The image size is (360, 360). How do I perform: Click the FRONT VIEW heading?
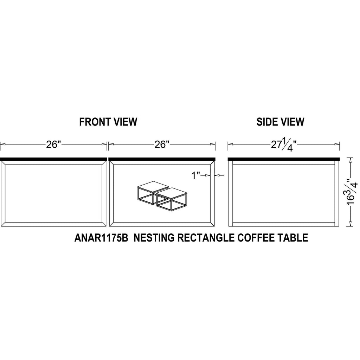pos(108,122)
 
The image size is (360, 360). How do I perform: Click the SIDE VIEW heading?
pos(280,122)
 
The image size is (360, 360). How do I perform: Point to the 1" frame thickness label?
pos(196,176)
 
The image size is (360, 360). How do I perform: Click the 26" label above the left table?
pos(54,144)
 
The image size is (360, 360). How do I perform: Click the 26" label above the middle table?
pos(162,144)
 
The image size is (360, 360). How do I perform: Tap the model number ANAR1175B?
pos(101,238)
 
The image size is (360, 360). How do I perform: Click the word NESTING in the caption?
pos(154,238)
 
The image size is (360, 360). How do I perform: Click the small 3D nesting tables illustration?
pos(162,196)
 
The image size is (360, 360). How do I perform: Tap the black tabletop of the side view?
pos(284,159)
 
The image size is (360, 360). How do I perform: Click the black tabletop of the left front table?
pos(53,159)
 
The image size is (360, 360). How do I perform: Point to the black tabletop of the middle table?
pos(162,159)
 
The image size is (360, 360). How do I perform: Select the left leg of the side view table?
pos(231,193)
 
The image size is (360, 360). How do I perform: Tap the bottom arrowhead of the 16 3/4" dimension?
pos(351,224)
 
